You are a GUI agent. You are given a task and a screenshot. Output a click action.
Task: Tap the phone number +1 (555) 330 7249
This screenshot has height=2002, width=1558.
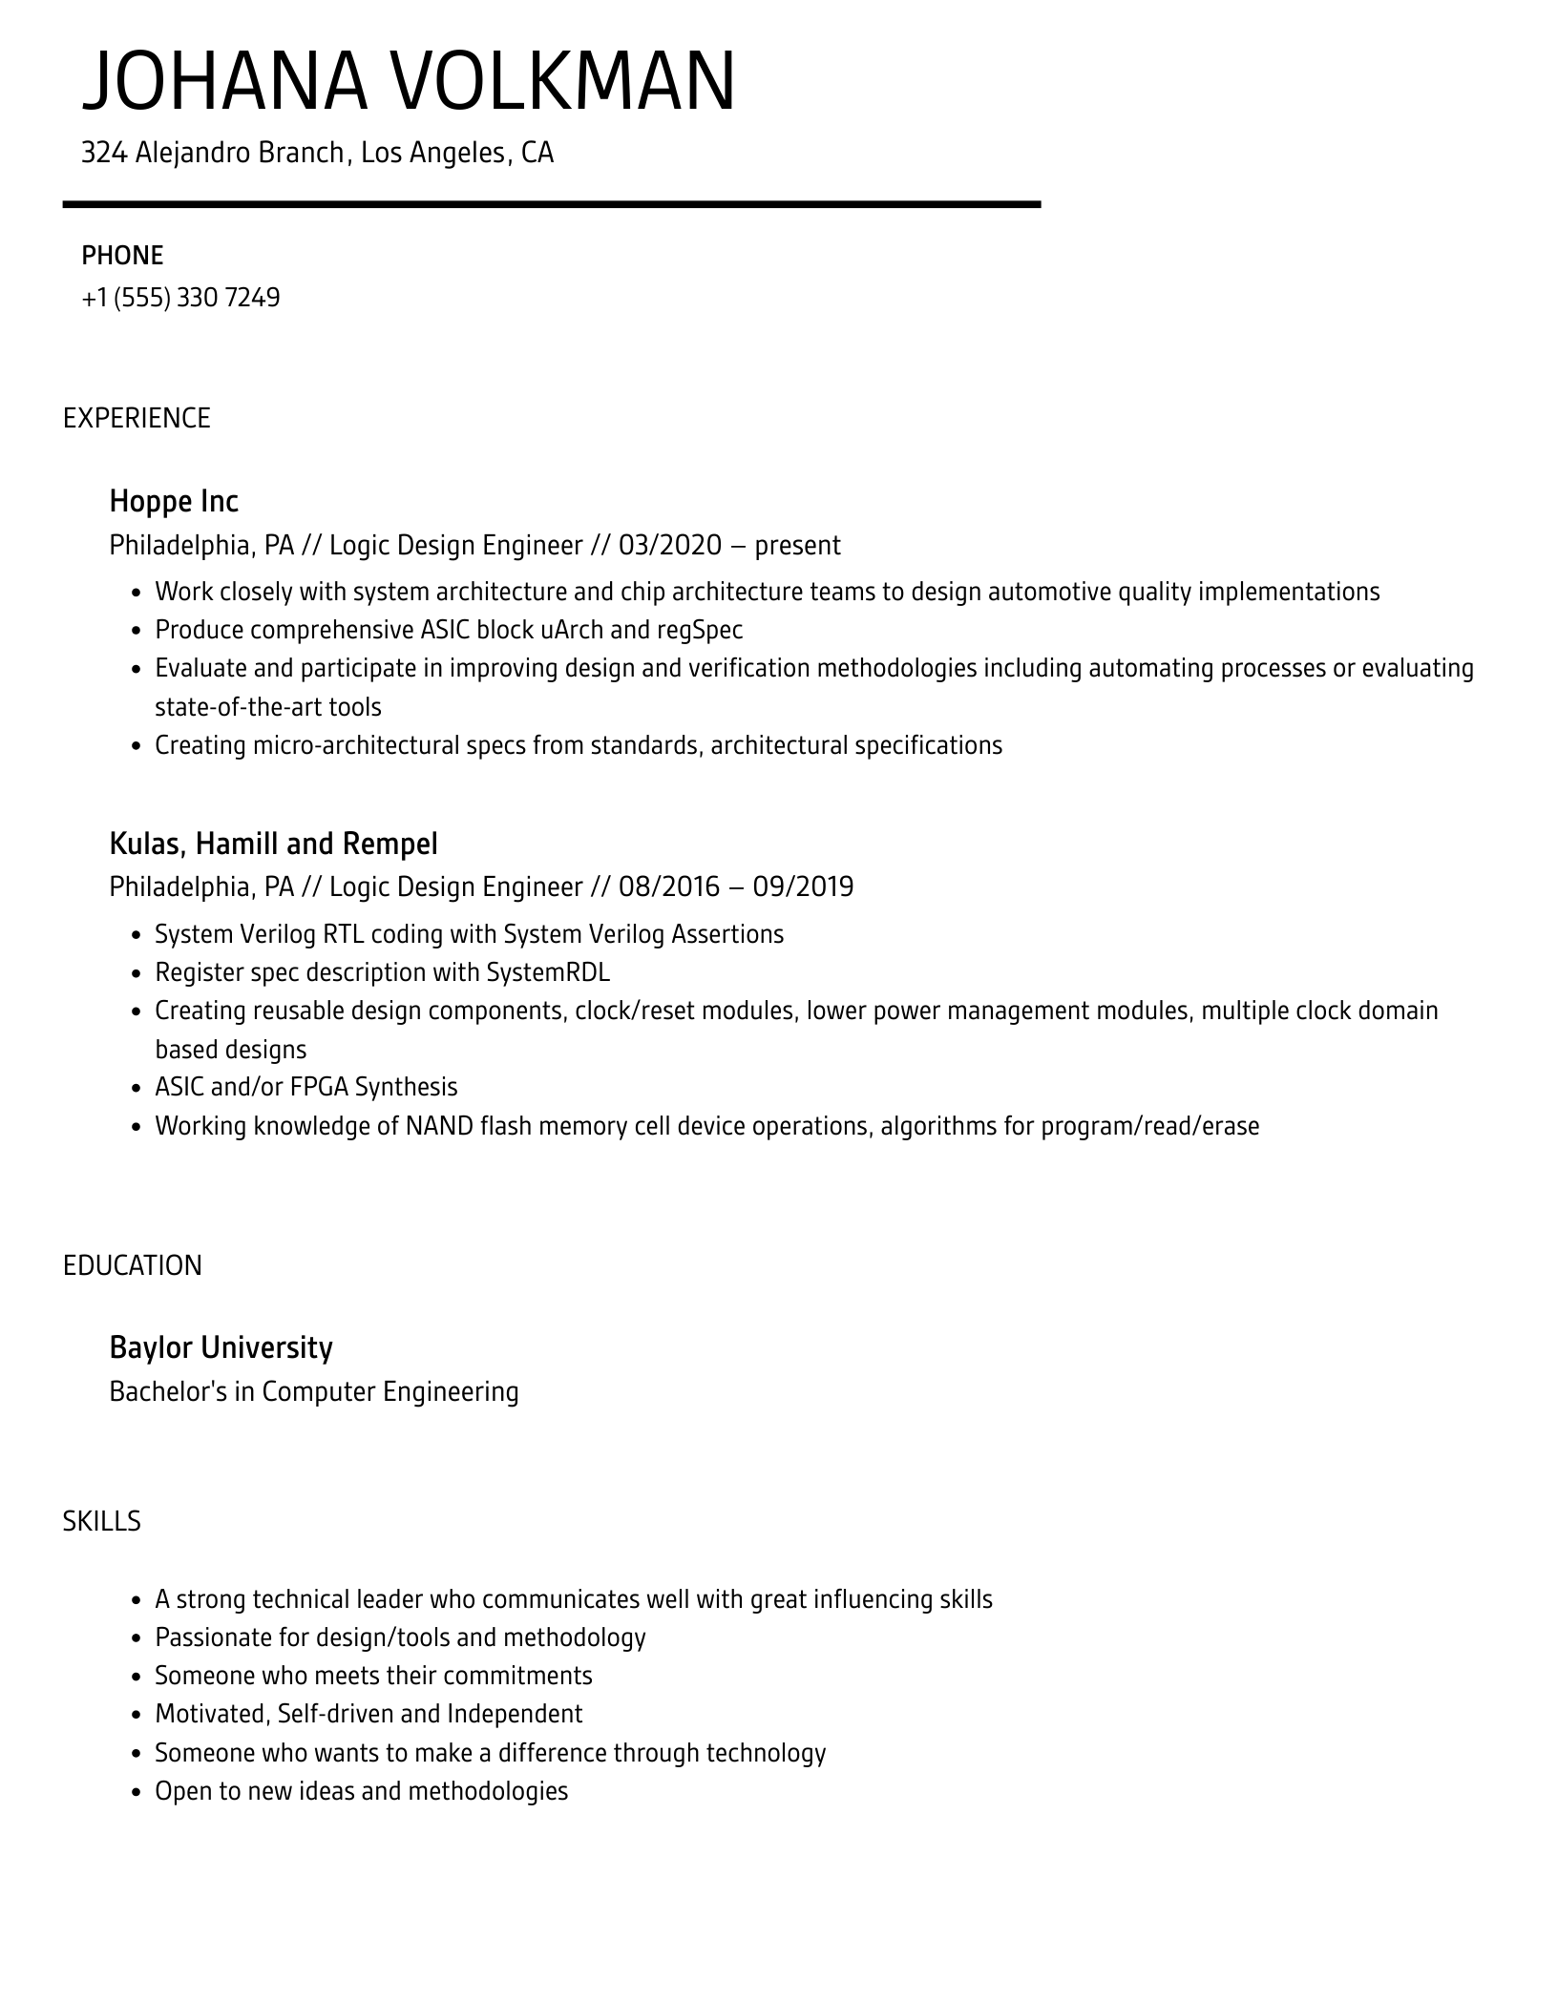pos(180,298)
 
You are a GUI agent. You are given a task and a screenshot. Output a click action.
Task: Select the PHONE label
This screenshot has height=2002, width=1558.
pos(122,256)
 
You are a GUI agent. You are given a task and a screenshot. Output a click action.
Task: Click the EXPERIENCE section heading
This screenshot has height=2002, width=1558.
pos(137,418)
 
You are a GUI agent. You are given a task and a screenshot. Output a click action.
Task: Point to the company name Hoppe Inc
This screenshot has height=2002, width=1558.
pos(174,501)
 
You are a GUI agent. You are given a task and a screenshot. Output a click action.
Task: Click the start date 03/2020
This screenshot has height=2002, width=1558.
pos(670,545)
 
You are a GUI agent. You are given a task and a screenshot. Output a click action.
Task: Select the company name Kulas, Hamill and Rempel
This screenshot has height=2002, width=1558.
pos(273,844)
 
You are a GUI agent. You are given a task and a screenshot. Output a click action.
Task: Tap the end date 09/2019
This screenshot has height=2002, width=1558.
pos(803,886)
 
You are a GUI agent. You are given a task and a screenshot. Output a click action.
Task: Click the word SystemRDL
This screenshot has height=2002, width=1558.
pos(548,972)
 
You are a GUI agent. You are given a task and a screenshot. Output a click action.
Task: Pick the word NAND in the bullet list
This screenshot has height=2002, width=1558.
pos(439,1126)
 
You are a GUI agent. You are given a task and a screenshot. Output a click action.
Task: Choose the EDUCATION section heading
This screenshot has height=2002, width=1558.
pos(133,1265)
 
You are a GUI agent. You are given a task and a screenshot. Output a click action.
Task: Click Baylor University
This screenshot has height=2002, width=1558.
pos(221,1347)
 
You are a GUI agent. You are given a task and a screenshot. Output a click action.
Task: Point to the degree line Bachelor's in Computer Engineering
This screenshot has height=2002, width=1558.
pos(314,1391)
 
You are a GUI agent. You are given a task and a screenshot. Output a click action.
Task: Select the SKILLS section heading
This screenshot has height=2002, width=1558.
pos(101,1521)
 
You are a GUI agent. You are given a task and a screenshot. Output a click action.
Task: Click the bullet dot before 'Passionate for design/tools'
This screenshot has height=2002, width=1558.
pos(136,1639)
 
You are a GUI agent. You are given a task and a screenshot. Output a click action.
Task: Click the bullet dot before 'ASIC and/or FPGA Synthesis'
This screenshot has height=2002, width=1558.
pos(136,1089)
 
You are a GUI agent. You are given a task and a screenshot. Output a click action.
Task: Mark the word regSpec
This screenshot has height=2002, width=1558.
pos(700,630)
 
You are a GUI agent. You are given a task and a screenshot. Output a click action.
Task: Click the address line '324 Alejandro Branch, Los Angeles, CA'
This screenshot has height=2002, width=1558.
pos(317,153)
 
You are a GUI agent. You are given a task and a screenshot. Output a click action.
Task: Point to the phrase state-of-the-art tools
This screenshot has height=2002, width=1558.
pos(268,707)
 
